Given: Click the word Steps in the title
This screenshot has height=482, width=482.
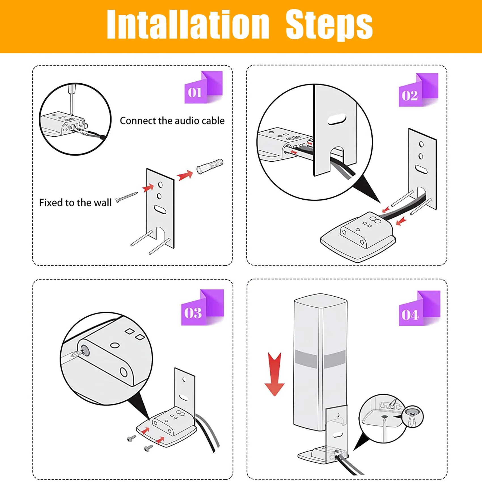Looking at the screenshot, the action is (x=329, y=25).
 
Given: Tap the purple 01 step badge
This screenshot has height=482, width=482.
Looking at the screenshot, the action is (x=203, y=87).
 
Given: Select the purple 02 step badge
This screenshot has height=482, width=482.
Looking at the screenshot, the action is (x=418, y=90).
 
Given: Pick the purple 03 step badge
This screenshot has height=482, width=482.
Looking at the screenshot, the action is (x=202, y=307).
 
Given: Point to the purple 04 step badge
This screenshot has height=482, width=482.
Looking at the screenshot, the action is (x=419, y=308).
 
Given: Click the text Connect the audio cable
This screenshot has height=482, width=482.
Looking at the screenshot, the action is (x=172, y=121).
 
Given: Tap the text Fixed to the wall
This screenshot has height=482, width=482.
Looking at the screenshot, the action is (x=75, y=203).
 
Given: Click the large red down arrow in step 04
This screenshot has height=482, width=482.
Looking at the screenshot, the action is (x=274, y=374).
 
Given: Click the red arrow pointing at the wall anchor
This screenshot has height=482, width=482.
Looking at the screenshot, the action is (x=185, y=175).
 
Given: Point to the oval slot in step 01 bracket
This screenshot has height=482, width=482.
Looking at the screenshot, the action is (x=160, y=210).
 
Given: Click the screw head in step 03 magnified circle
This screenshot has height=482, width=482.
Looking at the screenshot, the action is (x=84, y=351).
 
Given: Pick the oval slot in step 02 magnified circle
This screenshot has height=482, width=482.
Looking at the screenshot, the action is (x=337, y=119).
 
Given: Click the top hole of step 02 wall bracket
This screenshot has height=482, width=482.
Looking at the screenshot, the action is (x=421, y=144).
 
